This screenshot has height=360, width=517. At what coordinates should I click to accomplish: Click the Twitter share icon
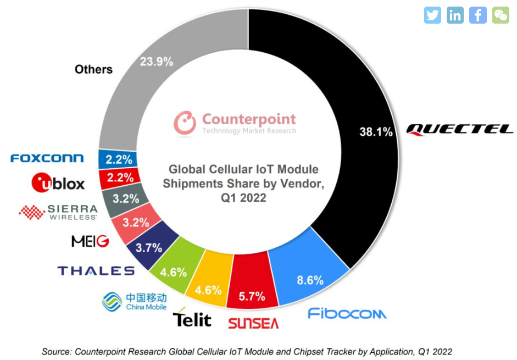point(433,15)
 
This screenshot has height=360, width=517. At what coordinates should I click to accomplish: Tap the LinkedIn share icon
point(455,15)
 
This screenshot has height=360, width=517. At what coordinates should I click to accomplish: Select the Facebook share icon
point(477,15)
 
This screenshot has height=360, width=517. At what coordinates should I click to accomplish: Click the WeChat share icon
point(500,15)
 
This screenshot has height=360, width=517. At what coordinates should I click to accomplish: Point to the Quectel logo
point(459,129)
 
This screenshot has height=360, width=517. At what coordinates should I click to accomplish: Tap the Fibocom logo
point(347,313)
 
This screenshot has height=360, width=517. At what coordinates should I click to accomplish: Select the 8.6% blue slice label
point(310,280)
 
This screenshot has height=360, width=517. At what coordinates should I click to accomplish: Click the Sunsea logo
point(253,323)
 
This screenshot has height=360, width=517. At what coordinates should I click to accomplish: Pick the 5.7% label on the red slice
point(252,297)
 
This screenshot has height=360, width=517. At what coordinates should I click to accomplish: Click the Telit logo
point(192,318)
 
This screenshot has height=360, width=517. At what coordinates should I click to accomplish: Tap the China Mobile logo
point(135,301)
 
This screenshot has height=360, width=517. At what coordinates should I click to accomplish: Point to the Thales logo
point(96,270)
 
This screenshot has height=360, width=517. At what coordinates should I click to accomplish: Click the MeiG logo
point(90,241)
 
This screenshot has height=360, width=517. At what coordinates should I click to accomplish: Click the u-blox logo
point(59,182)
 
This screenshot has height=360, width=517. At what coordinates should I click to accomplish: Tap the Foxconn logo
point(47,158)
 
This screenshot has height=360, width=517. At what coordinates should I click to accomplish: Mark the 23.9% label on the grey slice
point(157,61)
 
